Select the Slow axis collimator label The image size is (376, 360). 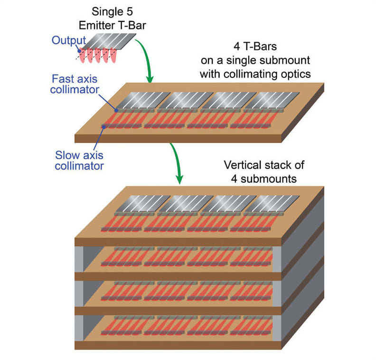[79, 161]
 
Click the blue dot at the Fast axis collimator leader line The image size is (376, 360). [115, 109]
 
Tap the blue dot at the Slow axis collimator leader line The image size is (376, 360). [103, 126]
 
